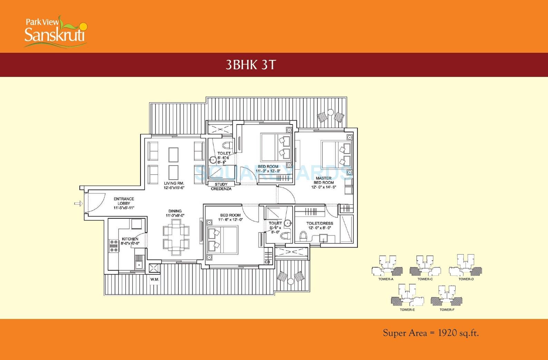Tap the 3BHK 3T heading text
click(x=251, y=65)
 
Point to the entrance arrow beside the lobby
click(x=79, y=203)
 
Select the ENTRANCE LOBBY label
click(x=124, y=201)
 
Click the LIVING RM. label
click(x=174, y=183)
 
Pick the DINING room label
click(x=175, y=211)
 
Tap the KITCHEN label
click(x=130, y=239)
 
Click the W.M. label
click(x=155, y=279)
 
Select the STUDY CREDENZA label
click(x=221, y=187)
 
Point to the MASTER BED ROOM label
click(x=324, y=180)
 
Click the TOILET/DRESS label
click(x=320, y=223)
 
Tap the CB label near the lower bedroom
click(x=267, y=262)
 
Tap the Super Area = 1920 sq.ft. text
click(x=431, y=333)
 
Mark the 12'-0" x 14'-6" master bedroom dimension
click(x=324, y=187)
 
